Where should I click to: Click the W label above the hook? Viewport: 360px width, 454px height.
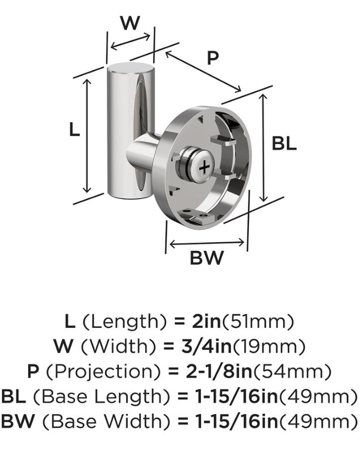coord(130,23)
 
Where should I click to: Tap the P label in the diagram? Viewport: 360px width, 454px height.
coord(213,57)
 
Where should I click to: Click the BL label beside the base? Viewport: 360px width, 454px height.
coord(284,143)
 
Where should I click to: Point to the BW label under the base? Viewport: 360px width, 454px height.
coord(207,257)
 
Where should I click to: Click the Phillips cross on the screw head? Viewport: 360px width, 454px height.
coord(205,167)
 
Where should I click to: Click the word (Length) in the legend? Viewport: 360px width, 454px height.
coord(125,322)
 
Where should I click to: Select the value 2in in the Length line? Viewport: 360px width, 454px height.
coord(207,322)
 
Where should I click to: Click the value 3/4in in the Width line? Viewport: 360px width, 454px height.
coord(207,346)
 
